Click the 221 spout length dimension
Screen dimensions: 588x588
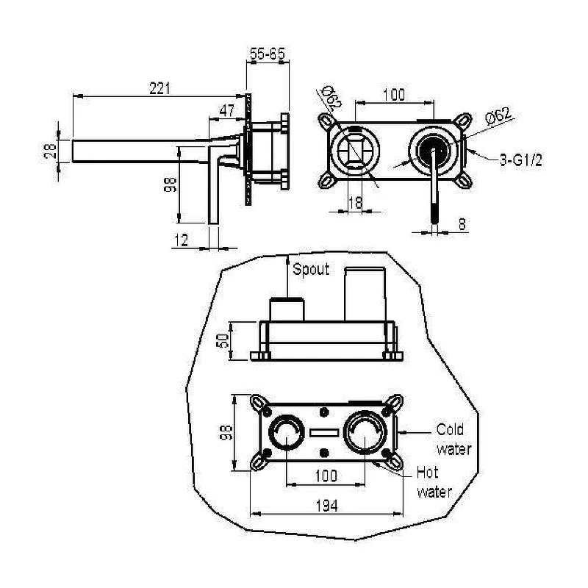pyautogui.click(x=159, y=88)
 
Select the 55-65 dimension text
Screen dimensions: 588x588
pyautogui.click(x=268, y=54)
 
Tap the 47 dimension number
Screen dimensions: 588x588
pyautogui.click(x=227, y=111)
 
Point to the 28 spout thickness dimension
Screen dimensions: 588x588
pyautogui.click(x=50, y=151)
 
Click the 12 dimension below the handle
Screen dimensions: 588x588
pyautogui.click(x=181, y=240)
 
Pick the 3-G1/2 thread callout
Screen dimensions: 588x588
pyautogui.click(x=521, y=160)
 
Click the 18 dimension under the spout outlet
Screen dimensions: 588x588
pyautogui.click(x=355, y=203)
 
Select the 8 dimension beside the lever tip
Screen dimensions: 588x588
pyautogui.click(x=462, y=224)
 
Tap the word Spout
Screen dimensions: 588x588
pyautogui.click(x=311, y=269)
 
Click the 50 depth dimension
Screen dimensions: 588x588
pyautogui.click(x=223, y=340)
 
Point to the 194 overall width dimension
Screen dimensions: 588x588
pyautogui.click(x=326, y=506)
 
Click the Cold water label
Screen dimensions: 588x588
pyautogui.click(x=453, y=439)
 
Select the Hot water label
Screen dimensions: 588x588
pyautogui.click(x=434, y=482)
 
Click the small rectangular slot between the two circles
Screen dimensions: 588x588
pyautogui.click(x=324, y=433)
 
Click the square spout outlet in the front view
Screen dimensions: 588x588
pyautogui.click(x=354, y=150)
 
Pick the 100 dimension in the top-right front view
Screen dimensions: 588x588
pyautogui.click(x=394, y=95)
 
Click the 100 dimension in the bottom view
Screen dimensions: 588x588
pyautogui.click(x=326, y=476)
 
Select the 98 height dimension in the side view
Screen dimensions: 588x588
pyautogui.click(x=170, y=185)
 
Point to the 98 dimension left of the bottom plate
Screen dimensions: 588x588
pyautogui.click(x=226, y=432)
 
